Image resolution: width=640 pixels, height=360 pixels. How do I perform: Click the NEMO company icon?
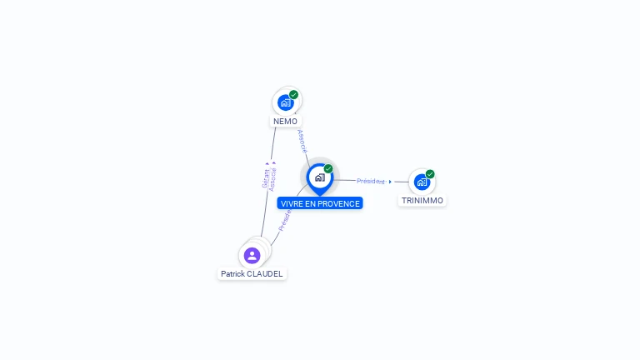tap(286, 102)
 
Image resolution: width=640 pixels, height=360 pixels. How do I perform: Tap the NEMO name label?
tap(285, 122)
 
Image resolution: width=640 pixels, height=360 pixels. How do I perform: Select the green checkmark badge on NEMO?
tap(294, 95)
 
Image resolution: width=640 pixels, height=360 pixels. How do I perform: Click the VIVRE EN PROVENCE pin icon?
tap(319, 177)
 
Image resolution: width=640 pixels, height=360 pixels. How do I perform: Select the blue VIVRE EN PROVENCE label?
tap(320, 203)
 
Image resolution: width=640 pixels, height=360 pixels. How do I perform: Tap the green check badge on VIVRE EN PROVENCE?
tap(328, 169)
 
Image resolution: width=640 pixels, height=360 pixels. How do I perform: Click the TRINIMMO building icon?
tap(422, 182)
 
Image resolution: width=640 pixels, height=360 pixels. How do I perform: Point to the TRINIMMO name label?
tap(422, 201)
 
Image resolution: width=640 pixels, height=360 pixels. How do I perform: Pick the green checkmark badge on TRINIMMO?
tap(430, 174)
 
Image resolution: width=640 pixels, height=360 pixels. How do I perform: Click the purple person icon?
tap(252, 255)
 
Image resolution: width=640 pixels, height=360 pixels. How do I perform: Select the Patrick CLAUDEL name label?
tap(252, 273)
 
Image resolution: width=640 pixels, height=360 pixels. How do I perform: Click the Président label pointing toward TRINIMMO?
tap(371, 181)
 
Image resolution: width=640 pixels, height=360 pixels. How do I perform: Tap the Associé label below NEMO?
tap(302, 141)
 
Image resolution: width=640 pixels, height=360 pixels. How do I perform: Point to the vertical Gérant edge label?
tap(266, 177)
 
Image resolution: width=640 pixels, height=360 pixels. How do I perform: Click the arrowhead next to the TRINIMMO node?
tap(390, 181)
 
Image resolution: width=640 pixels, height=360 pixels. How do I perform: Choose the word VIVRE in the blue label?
tap(291, 203)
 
